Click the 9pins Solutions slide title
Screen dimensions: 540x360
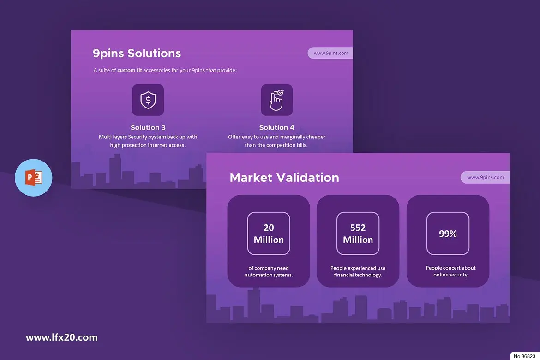click(x=137, y=54)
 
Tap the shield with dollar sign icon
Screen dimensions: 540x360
click(x=148, y=100)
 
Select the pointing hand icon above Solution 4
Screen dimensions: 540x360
click(x=276, y=100)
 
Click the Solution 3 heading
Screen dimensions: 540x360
click(x=148, y=127)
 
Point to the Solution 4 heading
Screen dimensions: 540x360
click(x=277, y=127)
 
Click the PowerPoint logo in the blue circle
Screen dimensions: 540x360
click(x=34, y=178)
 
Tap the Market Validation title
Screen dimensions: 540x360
click(x=284, y=177)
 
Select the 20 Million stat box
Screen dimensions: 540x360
click(x=269, y=234)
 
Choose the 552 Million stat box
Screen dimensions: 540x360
click(x=358, y=234)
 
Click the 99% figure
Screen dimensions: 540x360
click(x=448, y=234)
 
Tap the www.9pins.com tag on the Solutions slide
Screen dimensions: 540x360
click(x=330, y=53)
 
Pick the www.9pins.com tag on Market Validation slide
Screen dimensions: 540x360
click(x=485, y=177)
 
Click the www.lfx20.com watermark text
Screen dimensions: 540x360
click(x=62, y=337)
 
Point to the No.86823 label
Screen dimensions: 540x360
click(x=524, y=356)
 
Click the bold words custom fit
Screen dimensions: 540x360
click(x=130, y=70)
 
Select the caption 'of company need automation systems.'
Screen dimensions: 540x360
click(x=269, y=271)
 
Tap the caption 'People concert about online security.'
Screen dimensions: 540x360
click(x=451, y=271)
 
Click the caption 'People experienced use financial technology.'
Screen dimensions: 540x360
click(x=358, y=271)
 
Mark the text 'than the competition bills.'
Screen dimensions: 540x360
click(x=276, y=145)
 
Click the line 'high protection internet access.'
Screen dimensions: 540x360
click(x=148, y=145)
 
